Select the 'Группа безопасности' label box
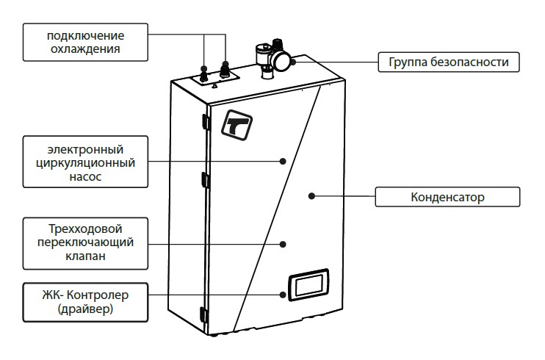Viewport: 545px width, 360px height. click(448, 62)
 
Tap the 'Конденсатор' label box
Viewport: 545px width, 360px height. click(447, 197)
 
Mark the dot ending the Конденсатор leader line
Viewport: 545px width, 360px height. click(311, 196)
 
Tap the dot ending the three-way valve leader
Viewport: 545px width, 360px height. click(284, 242)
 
